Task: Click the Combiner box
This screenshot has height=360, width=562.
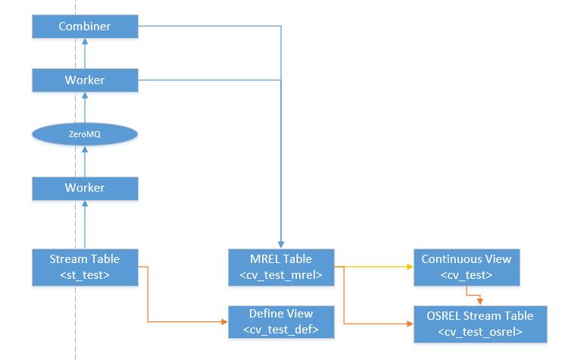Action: point(85,27)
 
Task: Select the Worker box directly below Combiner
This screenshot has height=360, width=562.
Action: point(85,80)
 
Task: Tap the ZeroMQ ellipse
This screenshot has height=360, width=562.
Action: point(85,134)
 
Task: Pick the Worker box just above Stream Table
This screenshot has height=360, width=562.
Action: point(85,187)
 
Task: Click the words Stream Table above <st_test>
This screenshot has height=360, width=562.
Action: point(85,259)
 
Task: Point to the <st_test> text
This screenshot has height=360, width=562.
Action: point(85,274)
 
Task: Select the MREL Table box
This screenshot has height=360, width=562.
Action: point(281,267)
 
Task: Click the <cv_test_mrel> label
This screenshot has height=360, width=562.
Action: point(281,274)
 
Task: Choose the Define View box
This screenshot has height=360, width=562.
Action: point(281,321)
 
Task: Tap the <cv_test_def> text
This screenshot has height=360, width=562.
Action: point(281,329)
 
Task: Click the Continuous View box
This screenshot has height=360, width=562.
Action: point(466,267)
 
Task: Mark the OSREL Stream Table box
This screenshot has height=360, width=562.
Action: point(479,323)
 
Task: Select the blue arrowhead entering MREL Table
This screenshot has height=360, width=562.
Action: point(281,243)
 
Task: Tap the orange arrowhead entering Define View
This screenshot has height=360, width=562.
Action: point(224,321)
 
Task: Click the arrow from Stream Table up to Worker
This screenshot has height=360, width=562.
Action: point(85,224)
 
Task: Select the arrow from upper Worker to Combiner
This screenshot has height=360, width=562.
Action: point(85,53)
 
